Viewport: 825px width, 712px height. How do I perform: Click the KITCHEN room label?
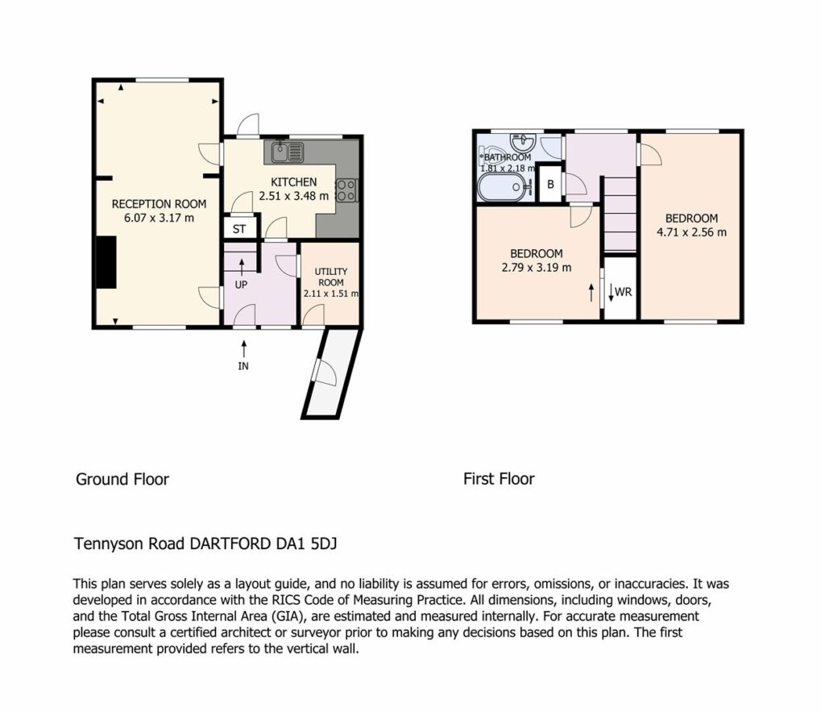pos(293,182)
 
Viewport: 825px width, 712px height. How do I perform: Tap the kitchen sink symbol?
pos(288,152)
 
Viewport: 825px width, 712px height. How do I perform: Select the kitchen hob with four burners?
pos(346,190)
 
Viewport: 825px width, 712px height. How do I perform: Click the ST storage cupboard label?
pos(238,229)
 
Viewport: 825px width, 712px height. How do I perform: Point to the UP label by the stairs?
pos(241,285)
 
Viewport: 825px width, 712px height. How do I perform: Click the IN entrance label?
pos(243,366)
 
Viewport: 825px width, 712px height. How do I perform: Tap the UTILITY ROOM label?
pos(330,277)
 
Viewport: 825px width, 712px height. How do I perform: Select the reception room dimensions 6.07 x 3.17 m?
pos(159,218)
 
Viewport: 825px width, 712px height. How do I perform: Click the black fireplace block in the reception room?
pos(106,262)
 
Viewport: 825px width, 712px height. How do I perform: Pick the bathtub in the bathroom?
pos(501,188)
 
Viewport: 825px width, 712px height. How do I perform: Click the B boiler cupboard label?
pos(550,185)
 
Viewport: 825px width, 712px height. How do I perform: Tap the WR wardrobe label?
pos(623,292)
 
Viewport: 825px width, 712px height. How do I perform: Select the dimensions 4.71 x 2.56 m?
pos(691,231)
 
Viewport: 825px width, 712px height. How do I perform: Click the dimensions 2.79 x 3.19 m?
pos(536,267)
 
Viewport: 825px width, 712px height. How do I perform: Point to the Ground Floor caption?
pos(122,479)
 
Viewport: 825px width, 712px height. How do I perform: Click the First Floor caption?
pos(499,479)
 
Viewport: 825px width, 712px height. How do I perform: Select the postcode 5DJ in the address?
pos(324,543)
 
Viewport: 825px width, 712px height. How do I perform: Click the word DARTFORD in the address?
pos(230,543)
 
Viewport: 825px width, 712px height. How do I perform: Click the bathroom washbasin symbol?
pos(522,141)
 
